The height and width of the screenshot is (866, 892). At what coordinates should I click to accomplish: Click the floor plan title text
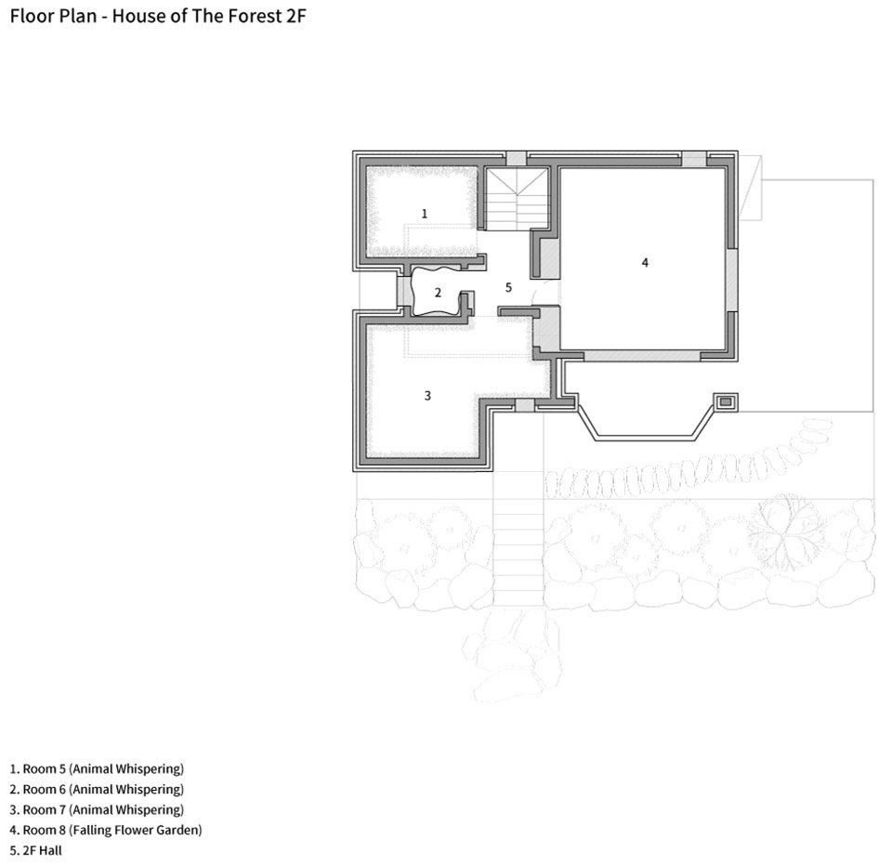pyautogui.click(x=158, y=16)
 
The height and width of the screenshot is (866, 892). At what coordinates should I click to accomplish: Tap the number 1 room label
pyautogui.click(x=424, y=214)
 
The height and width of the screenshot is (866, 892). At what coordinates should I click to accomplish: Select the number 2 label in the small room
pyautogui.click(x=438, y=293)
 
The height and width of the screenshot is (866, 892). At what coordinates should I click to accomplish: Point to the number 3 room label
pyautogui.click(x=427, y=395)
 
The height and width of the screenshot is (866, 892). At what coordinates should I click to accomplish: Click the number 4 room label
pyautogui.click(x=645, y=262)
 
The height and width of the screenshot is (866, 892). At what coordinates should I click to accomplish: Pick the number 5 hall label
pyautogui.click(x=508, y=287)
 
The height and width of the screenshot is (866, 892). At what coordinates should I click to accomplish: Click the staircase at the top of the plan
pyautogui.click(x=517, y=199)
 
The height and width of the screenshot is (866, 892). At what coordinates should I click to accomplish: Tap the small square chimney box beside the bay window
pyautogui.click(x=726, y=401)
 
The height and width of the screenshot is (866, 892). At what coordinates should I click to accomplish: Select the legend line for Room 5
pyautogui.click(x=97, y=768)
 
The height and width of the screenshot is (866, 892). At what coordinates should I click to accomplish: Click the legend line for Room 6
pyautogui.click(x=97, y=789)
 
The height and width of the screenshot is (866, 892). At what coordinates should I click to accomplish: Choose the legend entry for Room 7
pyautogui.click(x=97, y=809)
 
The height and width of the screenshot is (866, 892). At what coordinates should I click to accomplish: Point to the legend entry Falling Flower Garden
pyautogui.click(x=106, y=830)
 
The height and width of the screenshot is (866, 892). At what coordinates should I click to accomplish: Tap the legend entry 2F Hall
pyautogui.click(x=36, y=850)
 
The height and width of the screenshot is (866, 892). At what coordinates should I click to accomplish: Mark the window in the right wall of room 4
pyautogui.click(x=732, y=280)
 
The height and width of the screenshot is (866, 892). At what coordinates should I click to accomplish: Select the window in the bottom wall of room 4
pyautogui.click(x=642, y=356)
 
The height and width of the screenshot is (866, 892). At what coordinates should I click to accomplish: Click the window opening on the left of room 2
pyautogui.click(x=404, y=292)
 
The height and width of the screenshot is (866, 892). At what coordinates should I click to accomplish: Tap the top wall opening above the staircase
pyautogui.click(x=516, y=159)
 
